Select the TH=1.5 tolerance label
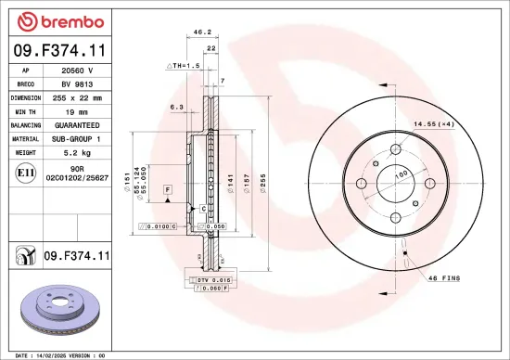(x=185, y=66)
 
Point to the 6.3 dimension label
(x=175, y=107)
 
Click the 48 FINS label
(x=444, y=278)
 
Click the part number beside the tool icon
(x=78, y=254)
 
